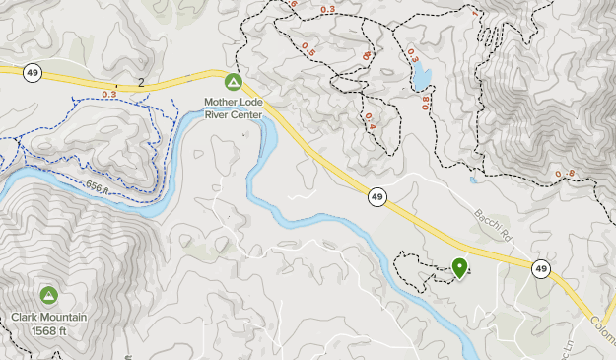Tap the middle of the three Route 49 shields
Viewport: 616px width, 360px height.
(378, 197)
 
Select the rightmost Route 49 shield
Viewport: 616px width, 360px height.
(541, 268)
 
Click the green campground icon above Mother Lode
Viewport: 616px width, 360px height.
(234, 82)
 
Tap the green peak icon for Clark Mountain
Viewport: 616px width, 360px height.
(49, 295)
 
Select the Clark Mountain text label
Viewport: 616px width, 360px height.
(49, 317)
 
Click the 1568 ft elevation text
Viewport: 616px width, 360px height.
(49, 330)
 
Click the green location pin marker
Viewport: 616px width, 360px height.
(459, 266)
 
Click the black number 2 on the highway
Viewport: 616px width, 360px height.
(142, 83)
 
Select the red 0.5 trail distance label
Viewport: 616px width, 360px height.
(308, 46)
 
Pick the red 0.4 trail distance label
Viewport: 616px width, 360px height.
(371, 120)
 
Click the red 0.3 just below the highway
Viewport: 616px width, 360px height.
(108, 95)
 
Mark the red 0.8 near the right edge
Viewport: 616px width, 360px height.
(565, 175)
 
